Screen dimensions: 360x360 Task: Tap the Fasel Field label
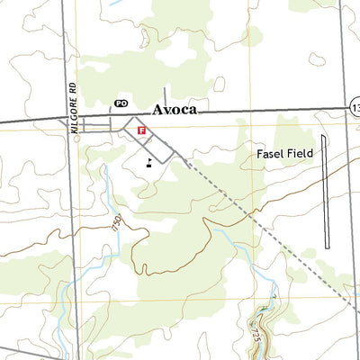tap(284, 154)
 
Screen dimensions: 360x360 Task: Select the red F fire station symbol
tap(141, 130)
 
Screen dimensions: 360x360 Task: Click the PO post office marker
tap(121, 104)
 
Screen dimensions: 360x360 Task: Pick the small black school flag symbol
tap(148, 162)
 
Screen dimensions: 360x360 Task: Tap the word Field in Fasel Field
tap(299, 154)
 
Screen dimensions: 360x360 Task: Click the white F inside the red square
tap(141, 130)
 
